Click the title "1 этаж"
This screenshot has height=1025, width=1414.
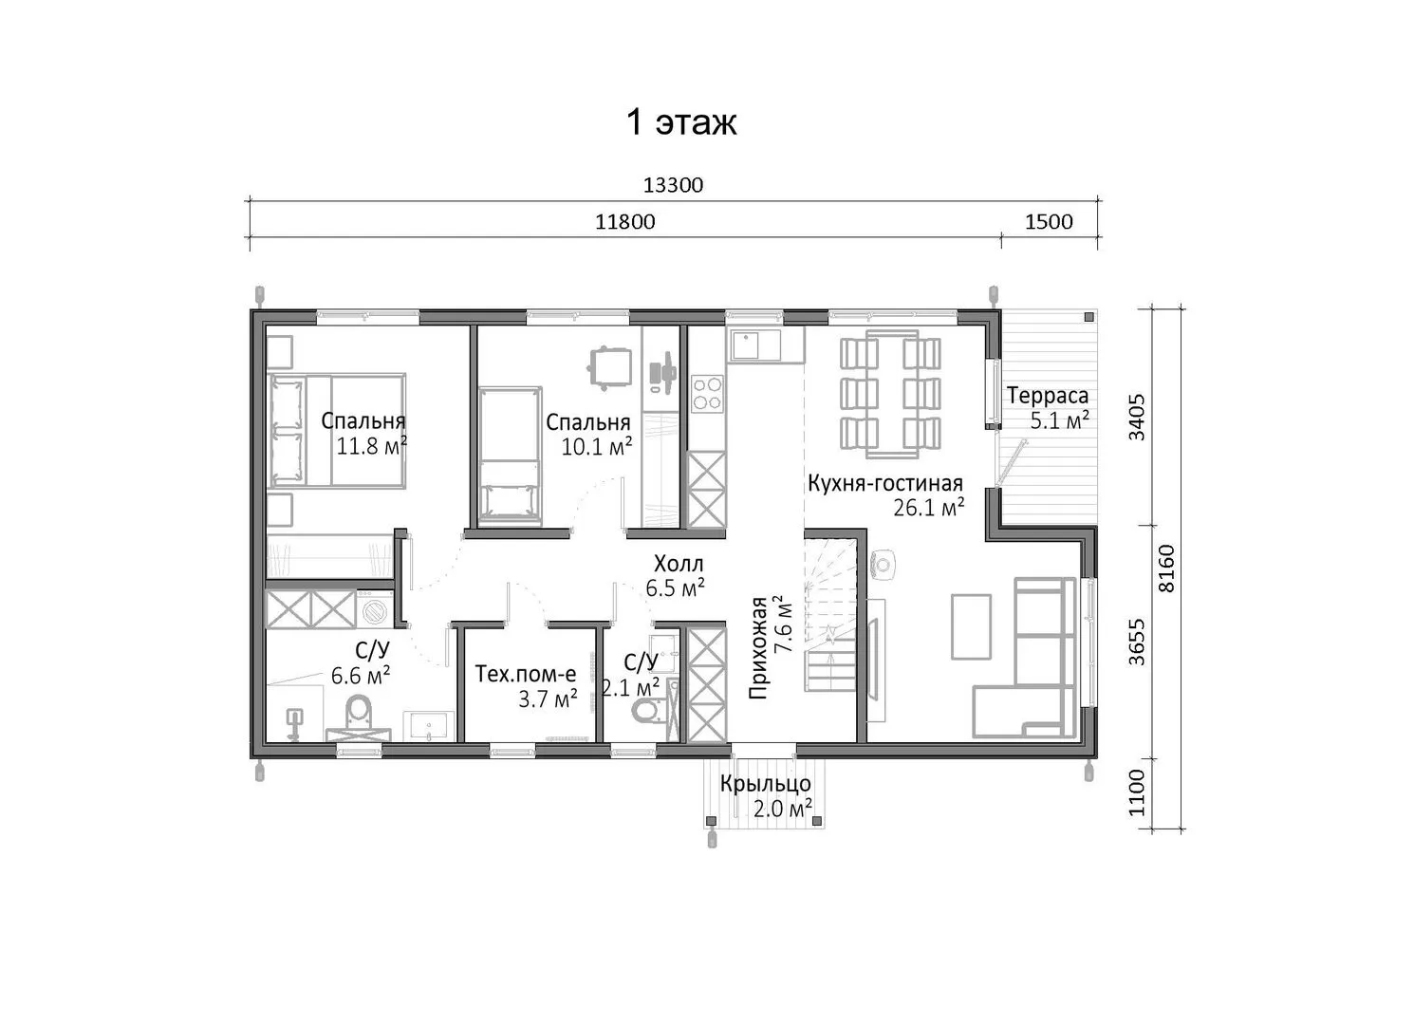tap(681, 122)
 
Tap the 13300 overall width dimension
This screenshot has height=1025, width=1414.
tap(673, 186)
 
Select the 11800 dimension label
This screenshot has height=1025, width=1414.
tap(625, 222)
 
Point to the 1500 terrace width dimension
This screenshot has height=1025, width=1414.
tap(1049, 222)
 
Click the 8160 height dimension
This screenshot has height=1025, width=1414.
tap(1167, 568)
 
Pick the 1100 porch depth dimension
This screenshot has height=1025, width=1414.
tap(1137, 792)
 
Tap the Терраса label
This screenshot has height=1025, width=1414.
tap(1048, 396)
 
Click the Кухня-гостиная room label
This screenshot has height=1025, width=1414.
tap(885, 483)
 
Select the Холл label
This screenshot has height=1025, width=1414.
tap(679, 563)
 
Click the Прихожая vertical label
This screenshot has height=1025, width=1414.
tap(758, 647)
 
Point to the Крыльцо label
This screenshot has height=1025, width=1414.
tap(766, 784)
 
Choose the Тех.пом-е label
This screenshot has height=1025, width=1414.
tap(525, 674)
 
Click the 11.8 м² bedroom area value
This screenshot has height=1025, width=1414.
tap(371, 446)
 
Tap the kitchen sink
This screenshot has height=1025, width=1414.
tap(755, 345)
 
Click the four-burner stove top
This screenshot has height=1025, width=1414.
tap(707, 393)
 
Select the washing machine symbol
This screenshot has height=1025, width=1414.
tap(375, 609)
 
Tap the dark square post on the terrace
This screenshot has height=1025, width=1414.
tap(1088, 317)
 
